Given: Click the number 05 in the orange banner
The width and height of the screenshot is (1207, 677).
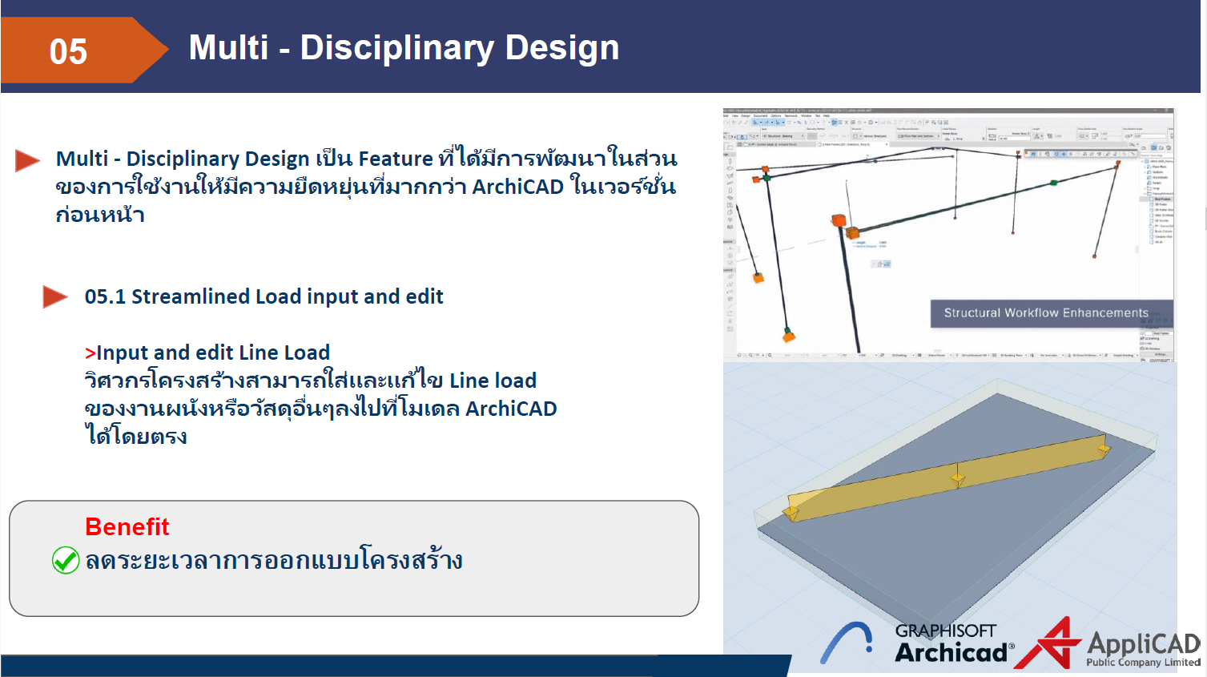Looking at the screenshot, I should [x=68, y=52].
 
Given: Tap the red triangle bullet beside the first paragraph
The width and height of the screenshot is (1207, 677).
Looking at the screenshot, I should [x=27, y=160].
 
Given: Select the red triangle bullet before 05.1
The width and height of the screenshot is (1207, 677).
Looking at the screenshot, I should [x=54, y=297].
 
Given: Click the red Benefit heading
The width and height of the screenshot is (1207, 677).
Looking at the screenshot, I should [x=127, y=527].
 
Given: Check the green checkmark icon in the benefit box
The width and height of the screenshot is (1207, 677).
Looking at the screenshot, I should [x=66, y=560].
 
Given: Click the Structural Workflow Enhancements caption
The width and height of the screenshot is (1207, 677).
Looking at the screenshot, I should [x=1045, y=313].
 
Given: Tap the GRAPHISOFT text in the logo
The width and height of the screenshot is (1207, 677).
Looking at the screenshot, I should [x=945, y=631].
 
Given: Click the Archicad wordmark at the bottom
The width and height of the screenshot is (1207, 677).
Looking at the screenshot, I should [x=951, y=653].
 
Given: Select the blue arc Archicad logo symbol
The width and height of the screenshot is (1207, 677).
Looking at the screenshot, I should [x=847, y=643].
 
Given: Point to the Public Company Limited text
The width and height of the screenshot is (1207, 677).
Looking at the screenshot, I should [x=1143, y=663].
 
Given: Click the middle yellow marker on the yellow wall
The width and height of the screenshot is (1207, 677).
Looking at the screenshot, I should [x=957, y=479].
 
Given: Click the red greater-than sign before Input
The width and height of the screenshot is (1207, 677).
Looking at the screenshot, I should [x=90, y=353].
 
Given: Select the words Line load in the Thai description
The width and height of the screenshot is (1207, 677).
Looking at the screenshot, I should [x=493, y=381].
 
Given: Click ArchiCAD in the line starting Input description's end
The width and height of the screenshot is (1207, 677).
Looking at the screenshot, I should [x=511, y=409].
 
